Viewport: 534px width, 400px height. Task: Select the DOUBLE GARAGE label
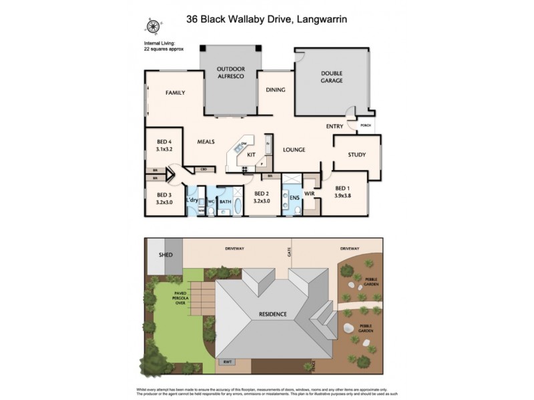tap(331, 77)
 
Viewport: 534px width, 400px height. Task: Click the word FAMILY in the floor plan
tap(175, 93)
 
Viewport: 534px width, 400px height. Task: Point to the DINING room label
tap(275, 90)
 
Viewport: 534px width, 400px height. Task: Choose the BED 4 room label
tap(164, 142)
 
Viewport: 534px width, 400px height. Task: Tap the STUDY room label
tap(356, 155)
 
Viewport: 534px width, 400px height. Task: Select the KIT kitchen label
tap(252, 155)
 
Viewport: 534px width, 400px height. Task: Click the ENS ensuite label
tap(294, 197)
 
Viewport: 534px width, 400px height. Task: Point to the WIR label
tap(309, 193)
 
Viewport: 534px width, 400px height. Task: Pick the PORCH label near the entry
tap(365, 125)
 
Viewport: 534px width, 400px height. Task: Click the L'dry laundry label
tap(192, 200)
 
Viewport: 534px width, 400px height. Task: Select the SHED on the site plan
tap(166, 255)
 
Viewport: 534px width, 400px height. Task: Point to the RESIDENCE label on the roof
tap(274, 314)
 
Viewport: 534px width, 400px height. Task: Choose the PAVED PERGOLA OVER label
tap(180, 297)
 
